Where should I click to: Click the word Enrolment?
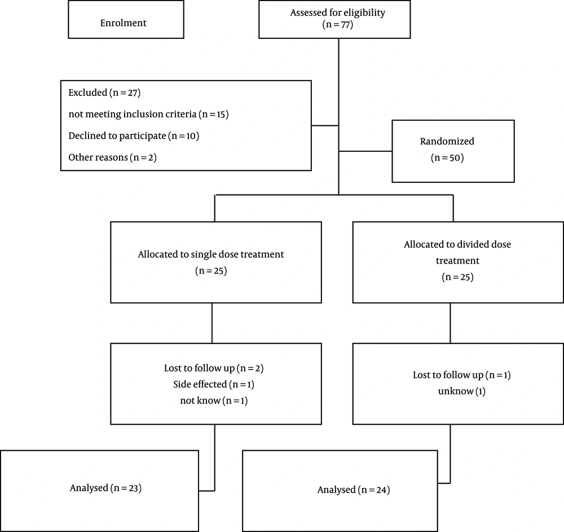coord(124,23)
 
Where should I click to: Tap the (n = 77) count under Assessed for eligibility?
coord(338,24)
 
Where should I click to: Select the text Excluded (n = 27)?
coord(104,93)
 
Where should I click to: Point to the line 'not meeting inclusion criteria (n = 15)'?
coord(148,114)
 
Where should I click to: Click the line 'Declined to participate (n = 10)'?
coord(134,135)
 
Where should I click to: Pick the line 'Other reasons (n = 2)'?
coord(113,157)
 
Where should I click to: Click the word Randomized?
coord(447,141)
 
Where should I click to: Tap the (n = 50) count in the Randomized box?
coord(447,157)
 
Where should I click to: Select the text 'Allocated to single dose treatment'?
coord(211,254)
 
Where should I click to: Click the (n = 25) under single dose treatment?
coord(211,270)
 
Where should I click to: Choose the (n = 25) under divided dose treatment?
coord(457,277)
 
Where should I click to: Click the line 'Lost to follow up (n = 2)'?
coord(214,368)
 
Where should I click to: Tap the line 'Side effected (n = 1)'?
coord(214,384)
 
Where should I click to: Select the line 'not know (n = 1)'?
coord(214,401)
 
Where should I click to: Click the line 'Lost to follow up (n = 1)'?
coord(462,375)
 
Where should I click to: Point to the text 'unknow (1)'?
coord(462,391)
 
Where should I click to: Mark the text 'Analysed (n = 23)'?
coord(106,488)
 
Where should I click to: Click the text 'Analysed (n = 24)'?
coord(354,490)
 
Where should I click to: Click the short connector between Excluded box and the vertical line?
coord(325,126)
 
